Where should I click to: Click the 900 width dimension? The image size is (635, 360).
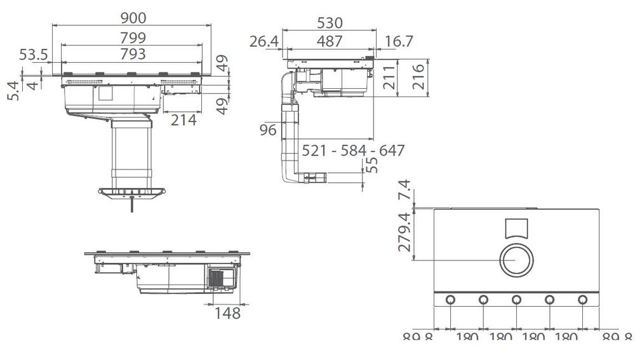click(x=133, y=18)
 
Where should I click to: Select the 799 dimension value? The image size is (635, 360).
click(x=133, y=38)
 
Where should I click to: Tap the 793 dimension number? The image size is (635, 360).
click(x=133, y=54)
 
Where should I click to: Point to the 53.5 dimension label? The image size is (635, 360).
click(x=34, y=55)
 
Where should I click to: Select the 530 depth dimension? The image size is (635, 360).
click(x=329, y=23)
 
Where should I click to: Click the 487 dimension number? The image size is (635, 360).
click(x=329, y=41)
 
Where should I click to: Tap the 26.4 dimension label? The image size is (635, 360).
click(x=264, y=41)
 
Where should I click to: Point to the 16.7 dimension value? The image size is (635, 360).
click(x=399, y=41)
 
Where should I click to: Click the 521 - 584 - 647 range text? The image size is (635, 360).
click(x=353, y=151)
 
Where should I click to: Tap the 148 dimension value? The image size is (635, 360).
click(x=227, y=312)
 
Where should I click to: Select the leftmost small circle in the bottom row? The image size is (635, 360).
click(x=450, y=300)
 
